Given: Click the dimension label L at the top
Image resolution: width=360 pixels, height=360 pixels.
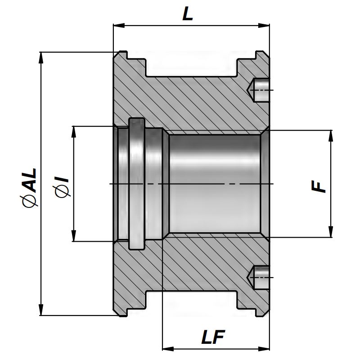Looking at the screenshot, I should point(187,14).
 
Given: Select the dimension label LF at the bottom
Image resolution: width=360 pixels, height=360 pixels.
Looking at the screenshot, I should point(213,337).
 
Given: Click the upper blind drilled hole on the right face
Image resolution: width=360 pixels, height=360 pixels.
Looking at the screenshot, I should point(260,90).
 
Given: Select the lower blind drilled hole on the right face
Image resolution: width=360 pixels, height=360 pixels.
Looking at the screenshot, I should point(260,278).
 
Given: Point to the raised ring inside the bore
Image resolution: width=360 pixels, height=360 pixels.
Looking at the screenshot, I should point(136,184).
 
